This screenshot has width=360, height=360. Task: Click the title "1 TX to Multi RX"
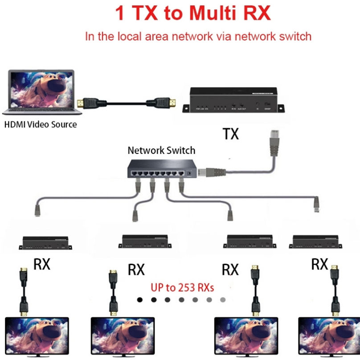click(x=193, y=13)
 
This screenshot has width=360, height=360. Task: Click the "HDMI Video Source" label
click(x=41, y=125)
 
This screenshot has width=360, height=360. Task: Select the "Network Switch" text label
click(x=161, y=151)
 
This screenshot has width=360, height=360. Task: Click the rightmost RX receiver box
click(x=317, y=241)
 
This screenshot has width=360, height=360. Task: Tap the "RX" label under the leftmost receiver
click(x=42, y=265)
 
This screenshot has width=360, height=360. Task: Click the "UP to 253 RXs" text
click(x=182, y=287)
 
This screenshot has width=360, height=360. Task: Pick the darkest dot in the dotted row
click(x=140, y=300)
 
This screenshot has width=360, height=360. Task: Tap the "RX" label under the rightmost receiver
click(x=319, y=264)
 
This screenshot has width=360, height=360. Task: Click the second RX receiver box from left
click(x=146, y=242)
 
